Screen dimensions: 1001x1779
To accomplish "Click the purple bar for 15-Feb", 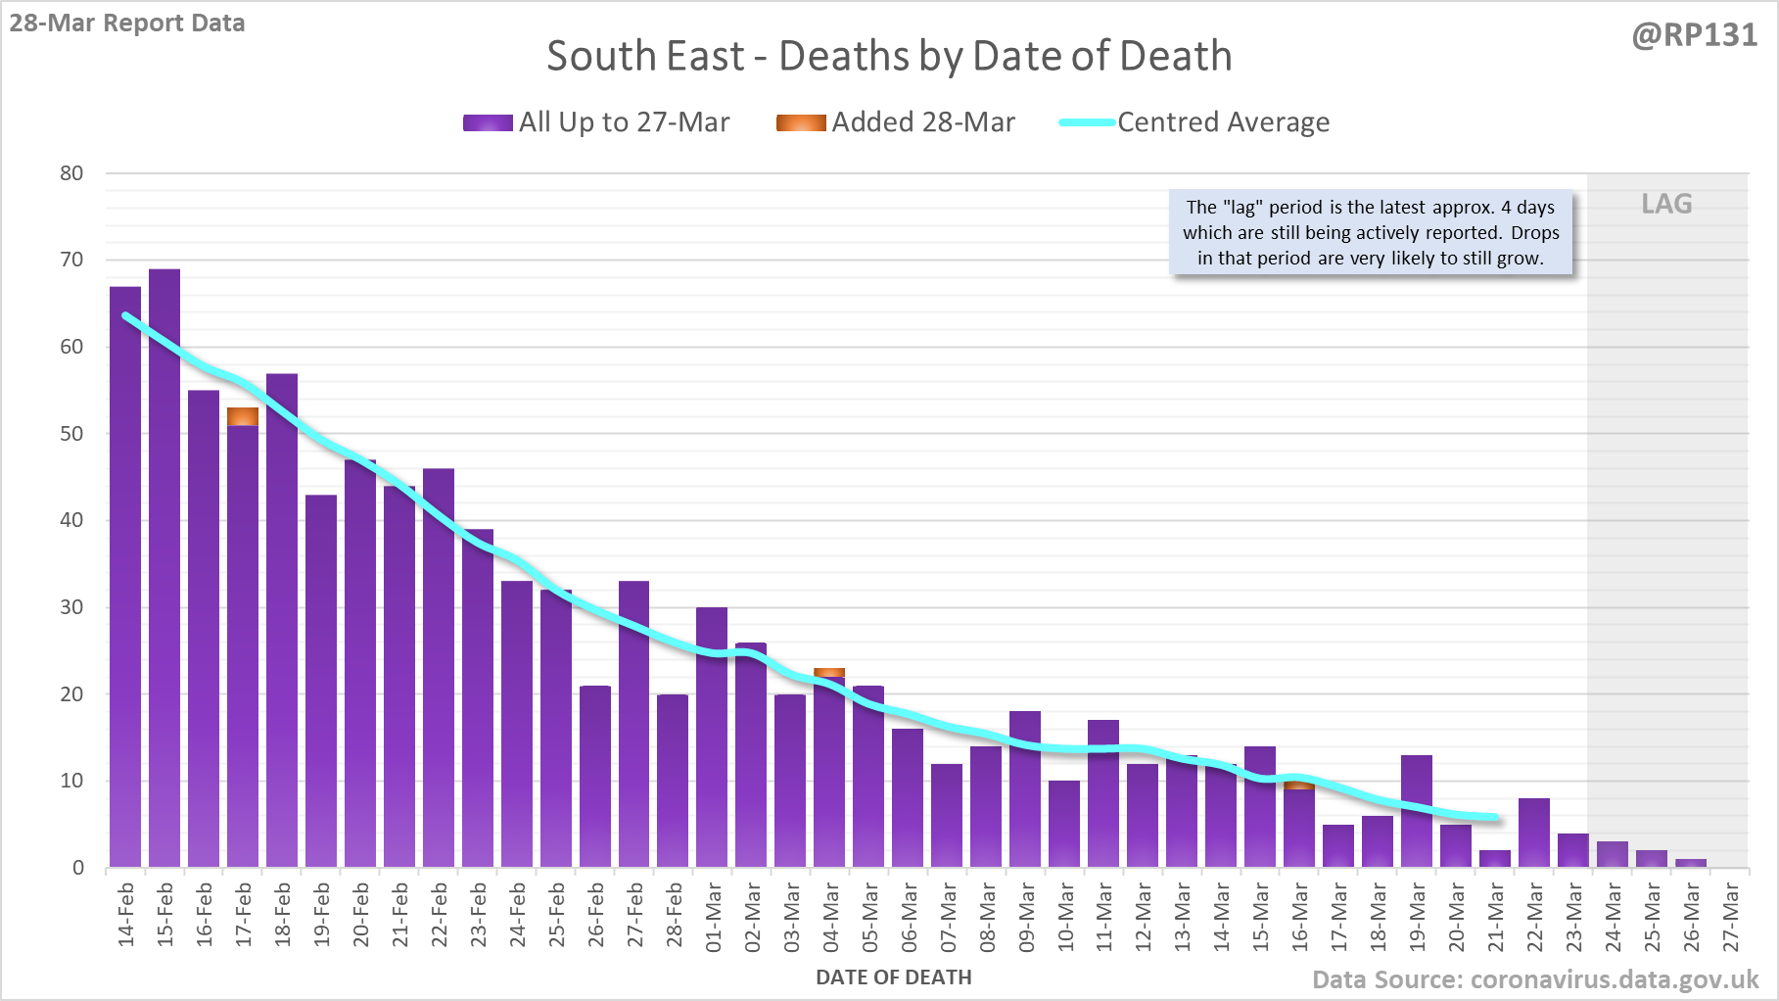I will [164, 568].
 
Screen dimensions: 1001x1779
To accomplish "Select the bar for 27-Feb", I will [633, 725].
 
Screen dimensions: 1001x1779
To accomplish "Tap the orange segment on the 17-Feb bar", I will [243, 416].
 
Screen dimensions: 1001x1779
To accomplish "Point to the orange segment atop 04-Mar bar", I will [829, 672].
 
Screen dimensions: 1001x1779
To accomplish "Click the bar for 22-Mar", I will [1534, 833].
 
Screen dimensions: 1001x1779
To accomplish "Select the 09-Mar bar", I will [1025, 788].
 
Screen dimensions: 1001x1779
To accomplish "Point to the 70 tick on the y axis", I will [71, 260].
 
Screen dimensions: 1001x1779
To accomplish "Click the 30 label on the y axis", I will [71, 607].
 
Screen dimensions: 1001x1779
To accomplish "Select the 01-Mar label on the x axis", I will [713, 917].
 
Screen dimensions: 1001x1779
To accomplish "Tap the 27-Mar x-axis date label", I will [1730, 917].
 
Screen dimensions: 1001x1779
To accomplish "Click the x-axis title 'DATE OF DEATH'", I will [894, 977].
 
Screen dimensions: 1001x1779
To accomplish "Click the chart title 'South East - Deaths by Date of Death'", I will [889, 56].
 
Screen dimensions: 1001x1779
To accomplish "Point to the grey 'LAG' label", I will [1666, 204].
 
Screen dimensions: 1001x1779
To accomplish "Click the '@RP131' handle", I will [1695, 35].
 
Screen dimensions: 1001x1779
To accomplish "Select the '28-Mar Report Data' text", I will [127, 23].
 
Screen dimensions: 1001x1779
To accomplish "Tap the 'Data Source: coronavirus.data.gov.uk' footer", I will [1535, 979].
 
